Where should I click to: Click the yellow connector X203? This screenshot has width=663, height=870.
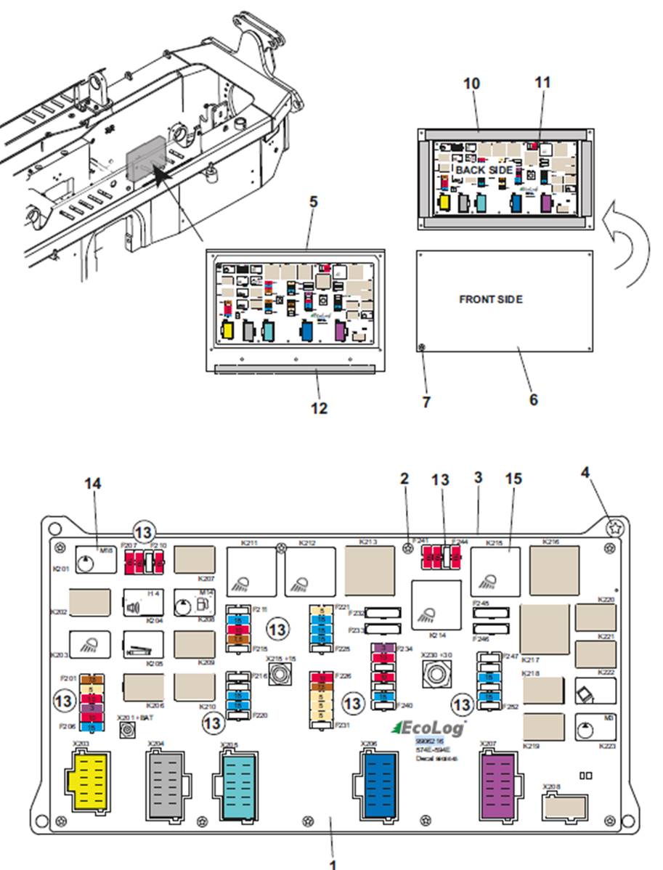point(88,778)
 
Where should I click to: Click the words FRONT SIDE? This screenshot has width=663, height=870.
point(490,299)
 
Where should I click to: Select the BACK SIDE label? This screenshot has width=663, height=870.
point(484,170)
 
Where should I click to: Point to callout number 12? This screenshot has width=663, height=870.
point(319,409)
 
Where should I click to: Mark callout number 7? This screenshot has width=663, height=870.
point(426,401)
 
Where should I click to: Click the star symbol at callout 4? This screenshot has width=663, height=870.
point(614,528)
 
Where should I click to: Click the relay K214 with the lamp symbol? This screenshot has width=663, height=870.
point(436,604)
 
